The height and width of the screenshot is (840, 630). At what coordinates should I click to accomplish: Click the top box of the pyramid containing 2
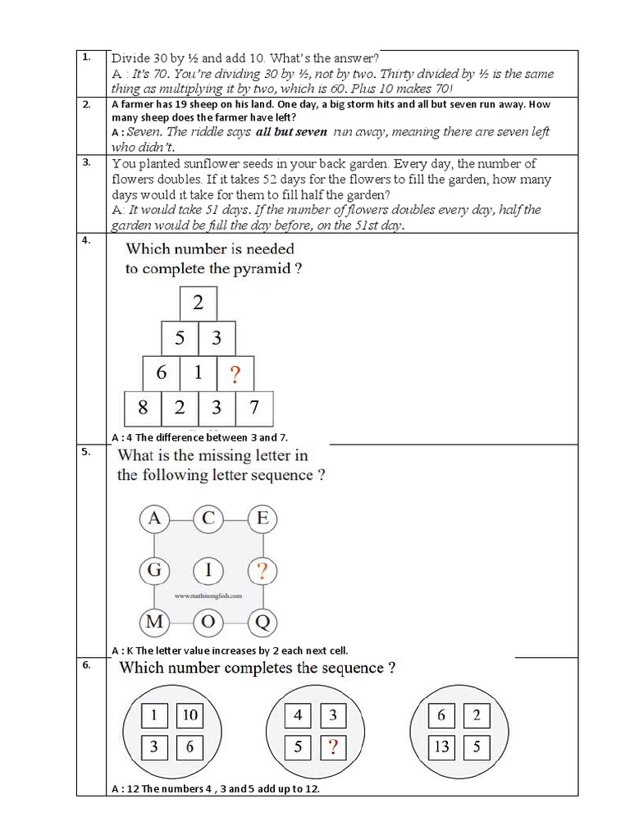pyautogui.click(x=199, y=303)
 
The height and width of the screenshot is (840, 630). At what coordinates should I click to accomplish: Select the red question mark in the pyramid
pyautogui.click(x=235, y=373)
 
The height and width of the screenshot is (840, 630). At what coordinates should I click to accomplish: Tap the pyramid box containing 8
pyautogui.click(x=143, y=408)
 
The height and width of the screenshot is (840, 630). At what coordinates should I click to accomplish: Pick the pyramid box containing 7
pyautogui.click(x=254, y=408)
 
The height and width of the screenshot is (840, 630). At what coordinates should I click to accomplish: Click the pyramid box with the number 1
pyautogui.click(x=199, y=373)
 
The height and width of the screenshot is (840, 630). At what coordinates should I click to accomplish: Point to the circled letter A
pyautogui.click(x=153, y=518)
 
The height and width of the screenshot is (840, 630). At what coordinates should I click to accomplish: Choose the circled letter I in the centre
pyautogui.click(x=208, y=570)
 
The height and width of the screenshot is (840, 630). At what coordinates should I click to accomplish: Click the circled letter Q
pyautogui.click(x=262, y=622)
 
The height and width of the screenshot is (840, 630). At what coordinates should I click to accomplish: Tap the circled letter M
pyautogui.click(x=153, y=622)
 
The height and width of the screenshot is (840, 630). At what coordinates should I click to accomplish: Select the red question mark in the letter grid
pyautogui.click(x=262, y=570)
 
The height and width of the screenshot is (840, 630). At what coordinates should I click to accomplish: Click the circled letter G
pyautogui.click(x=153, y=570)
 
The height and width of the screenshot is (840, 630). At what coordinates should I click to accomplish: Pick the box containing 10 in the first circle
pyautogui.click(x=189, y=715)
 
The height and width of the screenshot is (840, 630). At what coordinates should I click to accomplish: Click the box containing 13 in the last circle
pyautogui.click(x=441, y=746)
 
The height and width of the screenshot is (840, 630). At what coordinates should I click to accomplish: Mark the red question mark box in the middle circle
pyautogui.click(x=332, y=746)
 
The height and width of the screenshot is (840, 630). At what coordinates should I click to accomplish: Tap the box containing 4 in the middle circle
pyautogui.click(x=298, y=715)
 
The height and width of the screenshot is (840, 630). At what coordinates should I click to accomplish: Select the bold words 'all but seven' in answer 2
pyautogui.click(x=291, y=132)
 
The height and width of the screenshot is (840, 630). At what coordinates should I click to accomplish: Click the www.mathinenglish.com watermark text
pyautogui.click(x=208, y=596)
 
